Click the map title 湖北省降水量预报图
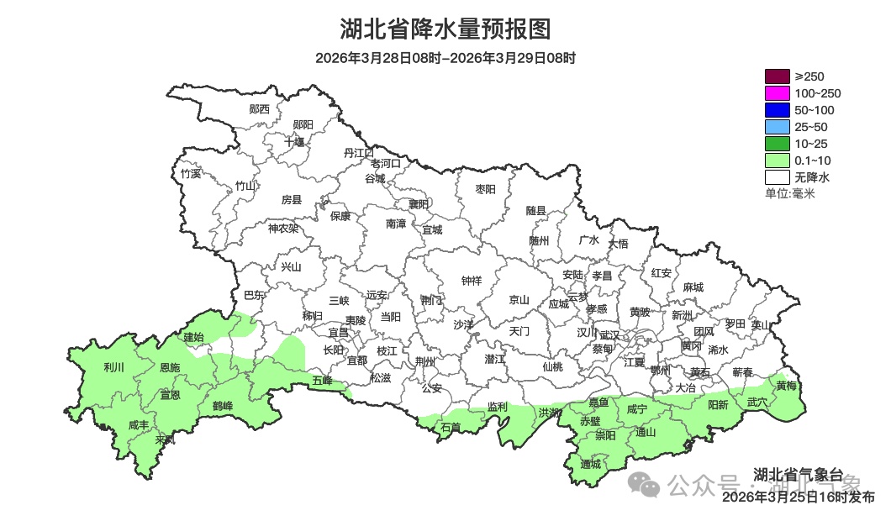445,29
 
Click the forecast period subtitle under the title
445,58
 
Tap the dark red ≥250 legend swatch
777,76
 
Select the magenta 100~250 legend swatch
777,93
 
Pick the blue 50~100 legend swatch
777,110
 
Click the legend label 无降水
812,178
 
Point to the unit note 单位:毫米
789,194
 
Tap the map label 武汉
609,334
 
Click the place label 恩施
169,368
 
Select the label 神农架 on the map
283,228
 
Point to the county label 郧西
260,109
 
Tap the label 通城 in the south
591,464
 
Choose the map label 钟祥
472,281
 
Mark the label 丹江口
359,152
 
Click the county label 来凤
166,439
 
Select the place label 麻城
693,287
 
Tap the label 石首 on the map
451,427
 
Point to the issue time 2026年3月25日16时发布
798,497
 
